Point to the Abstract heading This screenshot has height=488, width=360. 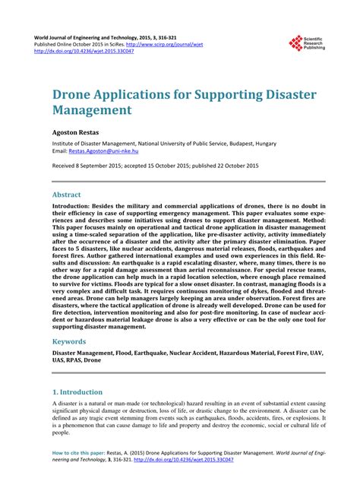click(x=66, y=195)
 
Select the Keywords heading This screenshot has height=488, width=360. click(x=69, y=342)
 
